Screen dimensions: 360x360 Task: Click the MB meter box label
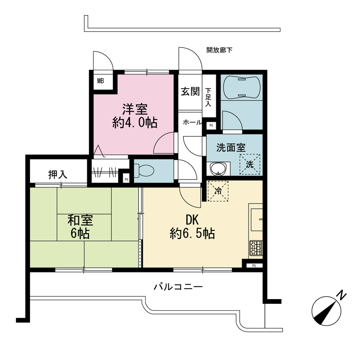tap(100, 81)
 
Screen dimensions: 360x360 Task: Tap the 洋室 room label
tap(135, 109)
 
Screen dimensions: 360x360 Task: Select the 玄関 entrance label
tap(190, 91)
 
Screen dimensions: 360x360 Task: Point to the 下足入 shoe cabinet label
tap(208, 97)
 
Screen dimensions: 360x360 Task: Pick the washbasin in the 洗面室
tap(219, 169)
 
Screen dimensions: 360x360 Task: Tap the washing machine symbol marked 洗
tap(250, 164)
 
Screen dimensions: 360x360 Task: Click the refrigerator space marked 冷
tap(218, 191)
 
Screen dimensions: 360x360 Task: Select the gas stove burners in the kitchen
tap(256, 248)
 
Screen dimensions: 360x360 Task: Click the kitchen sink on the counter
tap(257, 220)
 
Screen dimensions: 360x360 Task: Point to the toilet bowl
tap(144, 171)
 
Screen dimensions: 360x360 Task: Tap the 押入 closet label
tap(58, 175)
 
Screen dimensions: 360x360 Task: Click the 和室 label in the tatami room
tap(80, 220)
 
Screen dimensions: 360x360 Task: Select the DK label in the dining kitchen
tap(192, 220)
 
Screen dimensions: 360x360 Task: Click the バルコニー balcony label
tap(178, 287)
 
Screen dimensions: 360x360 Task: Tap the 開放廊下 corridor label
tap(219, 50)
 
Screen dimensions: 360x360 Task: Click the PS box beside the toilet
tap(126, 180)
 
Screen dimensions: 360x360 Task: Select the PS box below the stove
tap(254, 266)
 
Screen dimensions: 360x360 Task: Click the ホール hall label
tap(192, 122)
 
